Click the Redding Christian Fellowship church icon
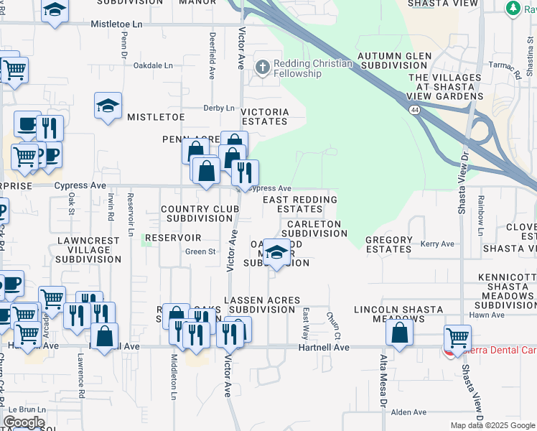click(x=263, y=68)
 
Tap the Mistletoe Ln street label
click(x=118, y=24)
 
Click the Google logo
click(x=24, y=422)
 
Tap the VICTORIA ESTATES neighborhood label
click(x=264, y=116)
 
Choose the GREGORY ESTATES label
click(x=389, y=244)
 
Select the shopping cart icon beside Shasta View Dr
click(x=457, y=336)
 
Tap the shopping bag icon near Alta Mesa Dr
click(x=400, y=332)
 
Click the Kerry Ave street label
click(x=437, y=244)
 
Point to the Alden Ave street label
click(x=408, y=412)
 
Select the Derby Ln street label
click(x=219, y=108)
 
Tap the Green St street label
click(x=200, y=251)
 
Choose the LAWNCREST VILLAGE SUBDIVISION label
click(x=85, y=250)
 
